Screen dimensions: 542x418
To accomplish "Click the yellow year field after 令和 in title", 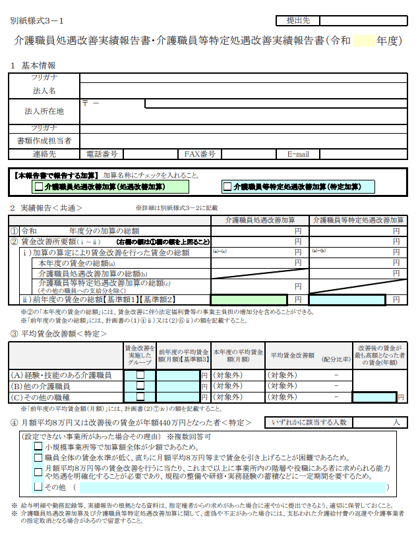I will (x=363, y=41).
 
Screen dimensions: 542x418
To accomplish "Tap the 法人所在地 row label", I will (x=44, y=111).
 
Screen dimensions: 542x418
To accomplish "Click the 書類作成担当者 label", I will (x=44, y=140).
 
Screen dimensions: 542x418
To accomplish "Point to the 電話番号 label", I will (x=102, y=154).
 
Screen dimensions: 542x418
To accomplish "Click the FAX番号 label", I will (x=200, y=154).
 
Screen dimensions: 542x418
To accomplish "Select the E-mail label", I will (x=298, y=154).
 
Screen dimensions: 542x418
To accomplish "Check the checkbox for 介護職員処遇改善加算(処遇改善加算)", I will (x=38, y=187).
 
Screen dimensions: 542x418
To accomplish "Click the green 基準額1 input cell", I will (x=248, y=300).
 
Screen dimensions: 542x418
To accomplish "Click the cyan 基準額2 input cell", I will (x=347, y=300).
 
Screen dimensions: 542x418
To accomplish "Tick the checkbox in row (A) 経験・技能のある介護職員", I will (x=140, y=375).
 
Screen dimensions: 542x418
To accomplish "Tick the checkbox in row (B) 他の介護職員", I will (x=140, y=386).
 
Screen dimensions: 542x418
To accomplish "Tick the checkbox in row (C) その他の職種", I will (x=140, y=396).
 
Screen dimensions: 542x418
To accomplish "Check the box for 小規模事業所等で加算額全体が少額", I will (x=38, y=447).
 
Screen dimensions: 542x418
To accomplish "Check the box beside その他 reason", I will (x=38, y=487).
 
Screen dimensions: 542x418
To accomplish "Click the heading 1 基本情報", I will (x=33, y=65).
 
